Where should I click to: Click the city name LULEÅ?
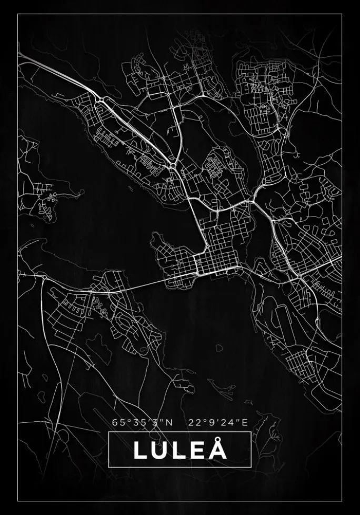coord(180,450)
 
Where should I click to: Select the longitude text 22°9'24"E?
coord(217,422)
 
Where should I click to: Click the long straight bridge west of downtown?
coord(142,285)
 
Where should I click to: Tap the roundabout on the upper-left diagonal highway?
coord(100,99)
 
